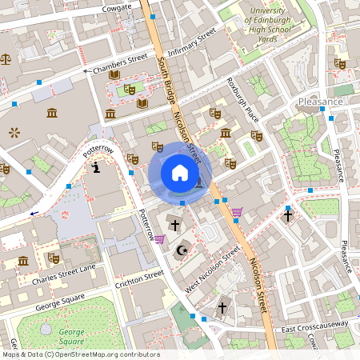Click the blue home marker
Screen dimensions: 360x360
point(180,173)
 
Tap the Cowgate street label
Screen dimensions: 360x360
point(117,8)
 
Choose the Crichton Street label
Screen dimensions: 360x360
point(139,278)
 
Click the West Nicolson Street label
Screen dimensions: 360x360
point(212,269)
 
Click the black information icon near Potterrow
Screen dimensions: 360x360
point(96,168)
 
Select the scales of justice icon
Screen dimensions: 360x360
point(6,58)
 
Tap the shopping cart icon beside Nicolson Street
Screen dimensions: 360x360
point(237,212)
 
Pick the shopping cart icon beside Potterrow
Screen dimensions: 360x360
point(159,239)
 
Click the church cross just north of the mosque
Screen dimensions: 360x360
point(174,226)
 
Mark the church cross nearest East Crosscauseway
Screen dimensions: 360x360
point(223,307)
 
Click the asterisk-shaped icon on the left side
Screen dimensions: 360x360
point(13,131)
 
